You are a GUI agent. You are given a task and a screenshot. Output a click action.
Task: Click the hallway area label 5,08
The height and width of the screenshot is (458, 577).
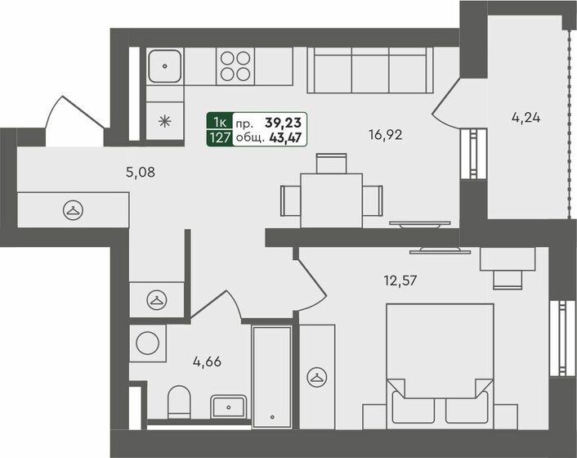(x=140, y=173)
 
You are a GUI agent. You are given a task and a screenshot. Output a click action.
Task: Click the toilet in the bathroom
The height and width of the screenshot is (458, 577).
(x=178, y=402)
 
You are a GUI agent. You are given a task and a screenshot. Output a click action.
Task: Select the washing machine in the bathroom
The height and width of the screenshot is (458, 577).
(x=149, y=343)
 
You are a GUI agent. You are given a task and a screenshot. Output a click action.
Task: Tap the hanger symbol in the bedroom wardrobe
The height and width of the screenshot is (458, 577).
(x=315, y=376)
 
